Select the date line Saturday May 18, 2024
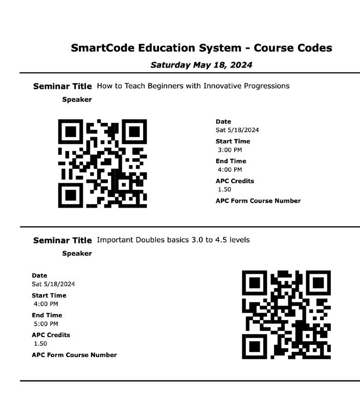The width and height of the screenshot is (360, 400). click(201, 65)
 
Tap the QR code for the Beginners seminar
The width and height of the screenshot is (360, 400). click(102, 163)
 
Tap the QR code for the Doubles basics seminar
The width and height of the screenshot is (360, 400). click(286, 315)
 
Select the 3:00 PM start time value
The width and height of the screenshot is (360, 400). click(230, 150)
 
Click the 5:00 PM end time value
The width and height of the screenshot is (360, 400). click(46, 324)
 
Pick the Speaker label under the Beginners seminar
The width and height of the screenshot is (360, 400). click(77, 100)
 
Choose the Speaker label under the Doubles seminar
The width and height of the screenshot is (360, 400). click(77, 254)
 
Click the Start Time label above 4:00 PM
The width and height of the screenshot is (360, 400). click(49, 295)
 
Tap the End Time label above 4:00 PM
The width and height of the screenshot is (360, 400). click(231, 161)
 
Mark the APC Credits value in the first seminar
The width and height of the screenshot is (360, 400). click(224, 189)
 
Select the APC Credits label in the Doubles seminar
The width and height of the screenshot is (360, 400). click(51, 335)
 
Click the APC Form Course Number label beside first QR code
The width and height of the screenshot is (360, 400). click(258, 201)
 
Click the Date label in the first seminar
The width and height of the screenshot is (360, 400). click(223, 122)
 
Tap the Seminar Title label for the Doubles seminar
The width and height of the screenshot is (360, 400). click(62, 240)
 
